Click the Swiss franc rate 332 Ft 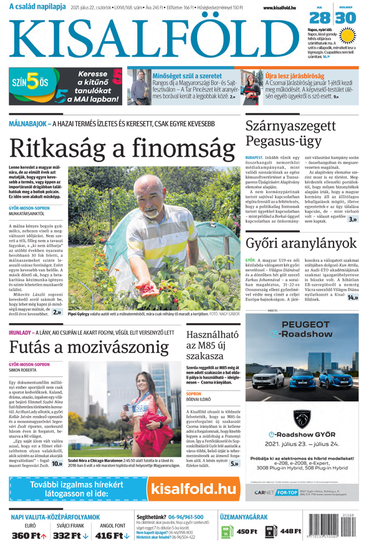[x=71, y=535]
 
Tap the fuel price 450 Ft [x=246, y=531]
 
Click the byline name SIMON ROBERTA [x=24, y=370]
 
